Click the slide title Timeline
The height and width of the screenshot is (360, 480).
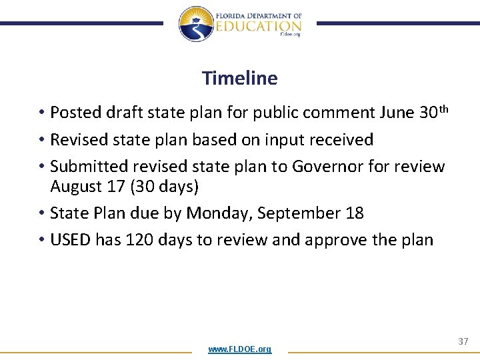pyautogui.click(x=239, y=78)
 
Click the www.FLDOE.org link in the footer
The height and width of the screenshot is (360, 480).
pyautogui.click(x=239, y=349)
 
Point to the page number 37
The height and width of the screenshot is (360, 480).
pyautogui.click(x=463, y=341)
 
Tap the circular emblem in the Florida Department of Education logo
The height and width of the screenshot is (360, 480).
pyautogui.click(x=195, y=24)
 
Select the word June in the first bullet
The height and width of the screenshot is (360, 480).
pyautogui.click(x=397, y=113)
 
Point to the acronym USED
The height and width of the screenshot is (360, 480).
pyautogui.click(x=71, y=240)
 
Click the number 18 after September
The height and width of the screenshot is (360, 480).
pyautogui.click(x=355, y=213)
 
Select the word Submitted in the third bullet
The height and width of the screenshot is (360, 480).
pyautogui.click(x=85, y=166)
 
